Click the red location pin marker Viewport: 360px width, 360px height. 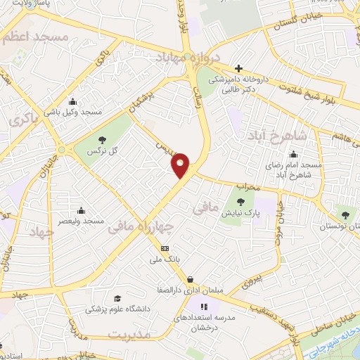pyautogui.click(x=181, y=165)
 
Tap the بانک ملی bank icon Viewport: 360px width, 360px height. pyautogui.click(x=165, y=248)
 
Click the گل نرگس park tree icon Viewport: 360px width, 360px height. pyautogui.click(x=103, y=139)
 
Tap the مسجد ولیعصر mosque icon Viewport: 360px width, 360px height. pyautogui.click(x=82, y=210)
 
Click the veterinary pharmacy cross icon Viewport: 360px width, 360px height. pyautogui.click(x=238, y=68)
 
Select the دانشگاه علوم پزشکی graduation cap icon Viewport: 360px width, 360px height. pyautogui.click(x=117, y=298)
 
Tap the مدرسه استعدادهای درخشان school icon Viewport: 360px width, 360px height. pyautogui.click(x=205, y=307)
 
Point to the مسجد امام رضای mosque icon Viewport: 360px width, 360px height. pyautogui.click(x=293, y=154)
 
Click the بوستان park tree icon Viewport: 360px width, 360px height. pyautogui.click(x=344, y=214)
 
